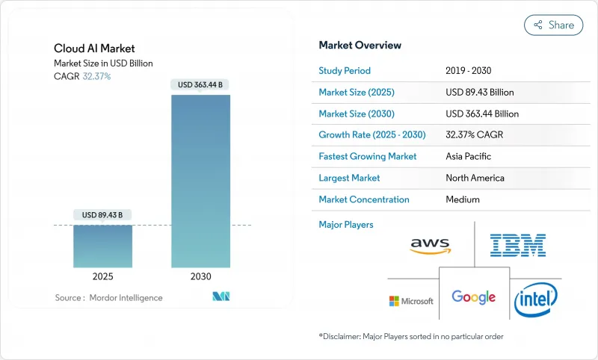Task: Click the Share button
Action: coord(554,25)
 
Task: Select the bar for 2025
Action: coord(103,246)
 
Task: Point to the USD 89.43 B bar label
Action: coord(103,215)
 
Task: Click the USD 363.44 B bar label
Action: coord(201,85)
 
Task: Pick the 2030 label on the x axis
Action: coord(201,276)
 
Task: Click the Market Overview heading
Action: coord(360,46)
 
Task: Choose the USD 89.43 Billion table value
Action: coord(479,93)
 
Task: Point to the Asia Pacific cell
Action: coord(469,157)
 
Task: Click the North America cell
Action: coord(474,179)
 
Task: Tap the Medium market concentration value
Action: coord(462,199)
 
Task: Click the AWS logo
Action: coord(431,245)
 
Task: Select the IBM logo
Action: coord(517,245)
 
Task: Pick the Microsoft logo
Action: coord(410,301)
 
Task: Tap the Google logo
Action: coord(473,297)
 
